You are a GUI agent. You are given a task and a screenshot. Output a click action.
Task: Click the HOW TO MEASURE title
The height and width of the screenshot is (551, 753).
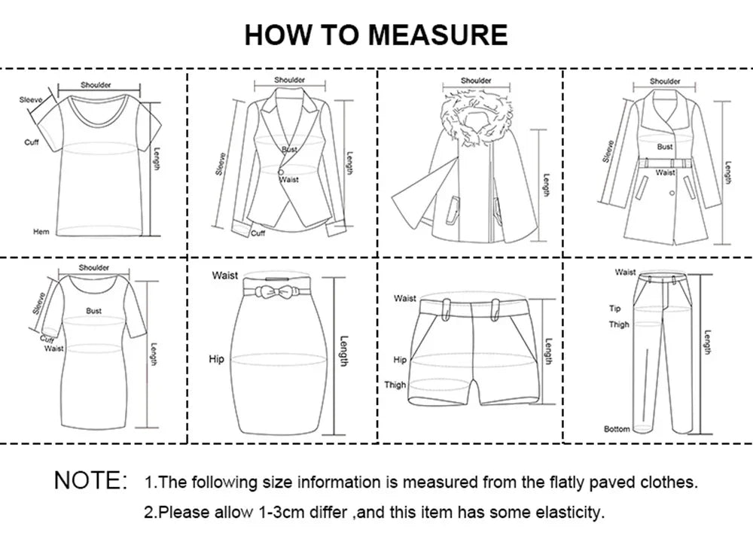tap(376, 35)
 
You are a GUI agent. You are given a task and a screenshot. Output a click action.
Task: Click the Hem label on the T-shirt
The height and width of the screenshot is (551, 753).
tap(41, 232)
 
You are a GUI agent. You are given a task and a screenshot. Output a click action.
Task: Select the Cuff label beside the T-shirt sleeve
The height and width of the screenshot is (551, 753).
tap(32, 142)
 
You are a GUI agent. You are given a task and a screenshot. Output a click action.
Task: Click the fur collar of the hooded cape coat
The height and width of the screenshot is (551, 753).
tap(475, 116)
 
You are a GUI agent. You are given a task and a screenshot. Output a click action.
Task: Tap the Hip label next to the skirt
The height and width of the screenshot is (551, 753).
tap(216, 360)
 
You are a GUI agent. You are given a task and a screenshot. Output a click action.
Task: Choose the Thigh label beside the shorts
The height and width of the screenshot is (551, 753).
tap(395, 385)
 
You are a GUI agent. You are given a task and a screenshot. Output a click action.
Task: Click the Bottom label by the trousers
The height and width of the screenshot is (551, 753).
tap(617, 429)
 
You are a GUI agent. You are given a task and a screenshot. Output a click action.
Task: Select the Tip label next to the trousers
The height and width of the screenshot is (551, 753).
tap(614, 309)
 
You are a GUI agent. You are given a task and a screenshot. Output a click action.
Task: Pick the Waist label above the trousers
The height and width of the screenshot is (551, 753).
tap(625, 272)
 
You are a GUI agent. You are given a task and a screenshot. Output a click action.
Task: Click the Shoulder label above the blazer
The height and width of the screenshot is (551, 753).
tap(289, 80)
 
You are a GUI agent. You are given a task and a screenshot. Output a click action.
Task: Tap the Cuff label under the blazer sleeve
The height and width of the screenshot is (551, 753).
tap(258, 233)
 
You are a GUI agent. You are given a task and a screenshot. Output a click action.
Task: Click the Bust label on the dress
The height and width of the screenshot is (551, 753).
tap(93, 310)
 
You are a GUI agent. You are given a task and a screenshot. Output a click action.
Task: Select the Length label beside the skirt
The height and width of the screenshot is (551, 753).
tap(344, 351)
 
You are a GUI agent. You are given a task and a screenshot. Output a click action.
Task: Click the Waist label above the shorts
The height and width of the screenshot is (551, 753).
tap(404, 299)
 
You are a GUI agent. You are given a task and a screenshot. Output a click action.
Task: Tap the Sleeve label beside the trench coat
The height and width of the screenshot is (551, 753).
tap(608, 151)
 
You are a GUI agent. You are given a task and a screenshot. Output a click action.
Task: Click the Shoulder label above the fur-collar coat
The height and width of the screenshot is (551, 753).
tap(476, 81)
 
